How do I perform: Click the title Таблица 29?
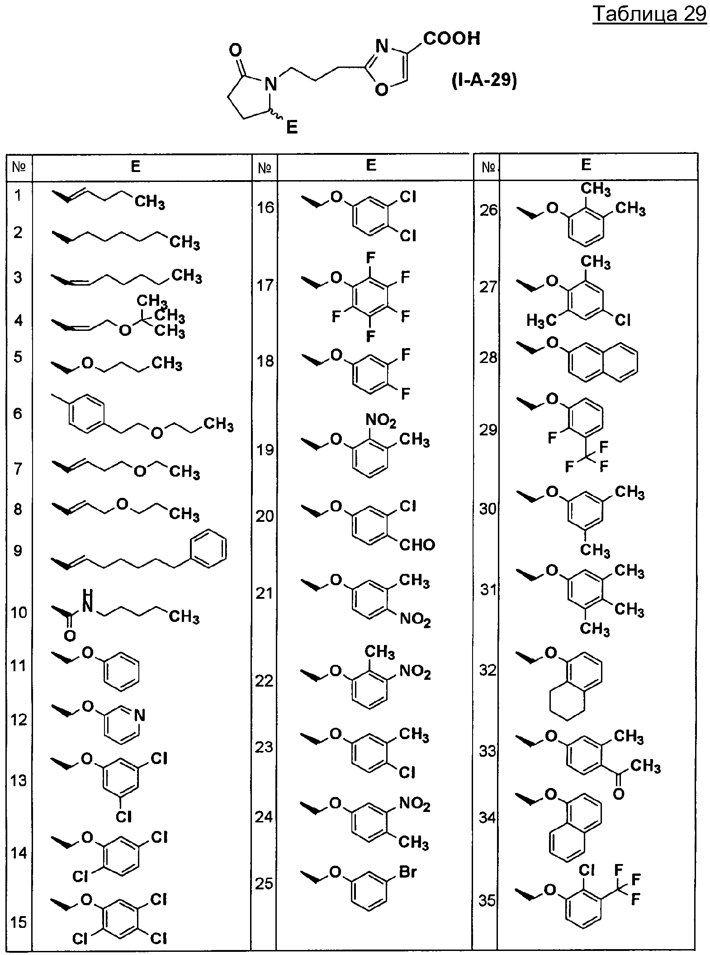click(649, 14)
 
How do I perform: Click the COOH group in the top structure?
click(451, 38)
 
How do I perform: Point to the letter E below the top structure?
click(292, 128)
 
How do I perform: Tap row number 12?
click(19, 719)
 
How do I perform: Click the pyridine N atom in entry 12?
click(140, 716)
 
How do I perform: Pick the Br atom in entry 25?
click(407, 872)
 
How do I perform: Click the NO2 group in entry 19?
click(381, 421)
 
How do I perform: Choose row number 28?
click(488, 358)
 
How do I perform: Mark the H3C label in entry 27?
click(541, 321)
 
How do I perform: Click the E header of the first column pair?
click(136, 167)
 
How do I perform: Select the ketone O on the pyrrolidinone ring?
click(236, 50)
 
